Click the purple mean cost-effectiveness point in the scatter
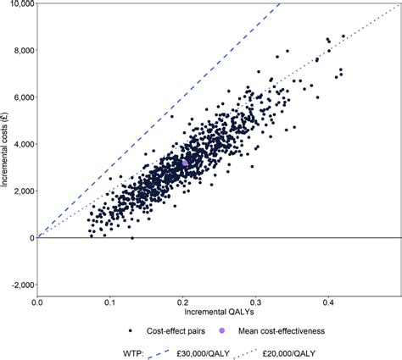coord(185,163)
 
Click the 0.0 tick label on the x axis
coord(37,302)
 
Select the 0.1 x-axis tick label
coord(109,302)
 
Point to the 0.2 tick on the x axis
coord(182,302)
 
